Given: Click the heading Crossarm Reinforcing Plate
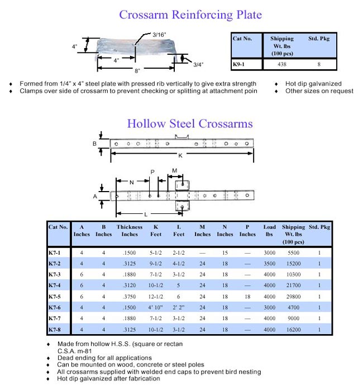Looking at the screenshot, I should [190, 15].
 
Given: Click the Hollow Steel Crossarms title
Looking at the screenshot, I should [190, 123].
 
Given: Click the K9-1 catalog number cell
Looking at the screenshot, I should [240, 65].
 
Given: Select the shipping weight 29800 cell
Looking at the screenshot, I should [293, 296].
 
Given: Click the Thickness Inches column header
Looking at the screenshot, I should [130, 231].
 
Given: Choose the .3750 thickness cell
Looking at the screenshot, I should [130, 296].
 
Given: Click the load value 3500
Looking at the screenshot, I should [270, 263].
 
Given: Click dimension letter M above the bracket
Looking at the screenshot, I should [174, 170].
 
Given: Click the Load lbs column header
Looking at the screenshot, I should [270, 231].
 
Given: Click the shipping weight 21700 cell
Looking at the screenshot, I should [293, 285].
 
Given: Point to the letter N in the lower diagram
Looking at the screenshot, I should [131, 182].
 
